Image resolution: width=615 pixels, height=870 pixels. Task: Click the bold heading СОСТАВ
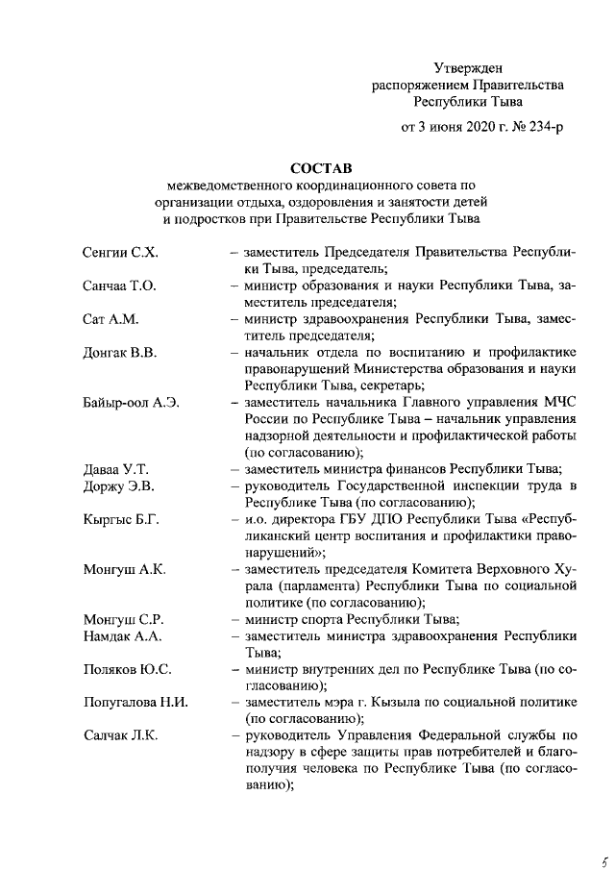321,167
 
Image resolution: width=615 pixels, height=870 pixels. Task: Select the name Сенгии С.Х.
120,252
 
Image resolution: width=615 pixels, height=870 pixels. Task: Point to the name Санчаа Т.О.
119,286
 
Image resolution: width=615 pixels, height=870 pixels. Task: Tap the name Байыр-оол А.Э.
131,402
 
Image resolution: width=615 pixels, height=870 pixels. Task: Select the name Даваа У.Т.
115,469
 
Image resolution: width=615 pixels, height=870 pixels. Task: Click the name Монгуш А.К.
124,569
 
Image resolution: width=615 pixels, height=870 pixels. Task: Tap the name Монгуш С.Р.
124,619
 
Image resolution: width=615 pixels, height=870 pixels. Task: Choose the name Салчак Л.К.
120,736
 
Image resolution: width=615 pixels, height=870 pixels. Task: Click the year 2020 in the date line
467,128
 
